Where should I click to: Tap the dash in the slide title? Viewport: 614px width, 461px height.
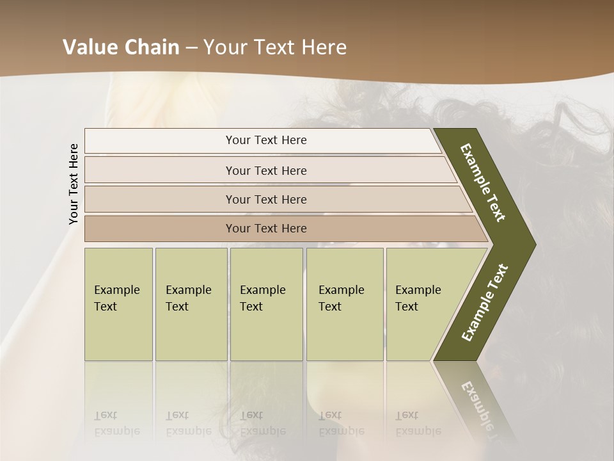191,48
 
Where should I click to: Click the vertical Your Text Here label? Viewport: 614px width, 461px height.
74,184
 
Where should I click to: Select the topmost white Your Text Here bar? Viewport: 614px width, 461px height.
265,140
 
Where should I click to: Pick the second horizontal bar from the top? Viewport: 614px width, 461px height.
265,170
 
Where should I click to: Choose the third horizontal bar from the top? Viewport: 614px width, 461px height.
265,199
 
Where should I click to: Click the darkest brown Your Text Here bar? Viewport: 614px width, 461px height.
265,229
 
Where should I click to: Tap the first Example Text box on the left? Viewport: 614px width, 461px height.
118,304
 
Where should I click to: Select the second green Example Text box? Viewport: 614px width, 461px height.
191,304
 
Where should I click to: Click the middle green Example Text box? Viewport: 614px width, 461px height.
266,304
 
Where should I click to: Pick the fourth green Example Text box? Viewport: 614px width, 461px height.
345,304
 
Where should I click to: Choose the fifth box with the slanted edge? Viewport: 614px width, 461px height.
422,304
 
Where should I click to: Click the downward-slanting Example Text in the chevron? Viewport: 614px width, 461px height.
483,182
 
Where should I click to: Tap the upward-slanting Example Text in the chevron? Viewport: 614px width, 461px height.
485,303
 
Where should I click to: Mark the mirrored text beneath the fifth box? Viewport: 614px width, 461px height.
418,423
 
